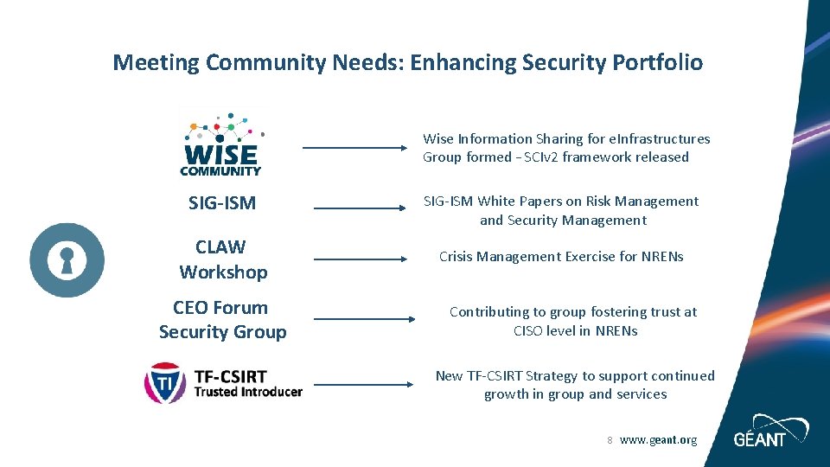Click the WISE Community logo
[x=220, y=143]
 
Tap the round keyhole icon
[x=67, y=259]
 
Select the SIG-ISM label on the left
[x=222, y=203]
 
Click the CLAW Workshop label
[x=223, y=259]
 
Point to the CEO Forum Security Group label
[x=222, y=319]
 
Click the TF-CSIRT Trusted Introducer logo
[x=223, y=382]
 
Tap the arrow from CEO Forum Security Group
[x=363, y=319]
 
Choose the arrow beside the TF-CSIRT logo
[x=363, y=384]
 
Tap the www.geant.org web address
[x=658, y=440]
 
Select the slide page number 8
[x=610, y=440]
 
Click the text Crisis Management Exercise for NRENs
[x=561, y=256]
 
